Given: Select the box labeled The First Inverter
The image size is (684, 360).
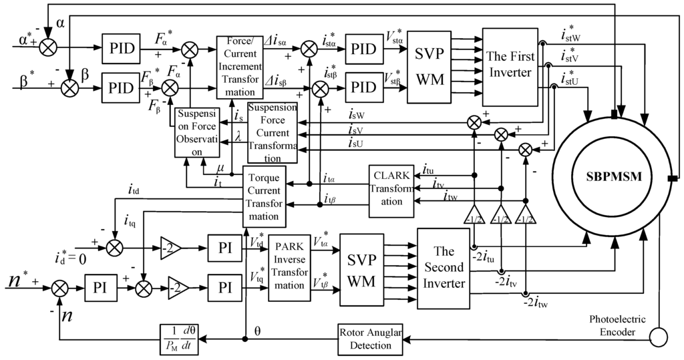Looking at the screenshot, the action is point(510,67).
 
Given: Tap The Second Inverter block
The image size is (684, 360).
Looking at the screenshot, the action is point(444,268).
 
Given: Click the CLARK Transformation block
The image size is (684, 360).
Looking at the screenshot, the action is point(391,191).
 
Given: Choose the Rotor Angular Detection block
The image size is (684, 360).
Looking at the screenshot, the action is point(370,339).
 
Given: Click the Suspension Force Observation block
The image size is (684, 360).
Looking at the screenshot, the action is point(197,132).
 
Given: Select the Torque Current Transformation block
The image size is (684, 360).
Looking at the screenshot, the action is point(264,196).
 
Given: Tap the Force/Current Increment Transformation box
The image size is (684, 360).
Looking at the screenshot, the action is point(240,67).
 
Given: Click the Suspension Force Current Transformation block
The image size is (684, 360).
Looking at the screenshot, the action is point(273,133).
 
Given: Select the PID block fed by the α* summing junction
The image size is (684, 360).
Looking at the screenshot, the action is point(122,47).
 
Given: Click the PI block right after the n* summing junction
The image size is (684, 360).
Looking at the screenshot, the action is point(100,288).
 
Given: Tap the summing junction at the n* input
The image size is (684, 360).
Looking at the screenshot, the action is point(59,288).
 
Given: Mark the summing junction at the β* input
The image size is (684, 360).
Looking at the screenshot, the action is point(69,87).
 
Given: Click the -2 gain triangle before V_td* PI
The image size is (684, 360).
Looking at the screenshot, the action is point(170,248).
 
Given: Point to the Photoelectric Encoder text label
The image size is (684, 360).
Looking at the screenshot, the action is point(617,325).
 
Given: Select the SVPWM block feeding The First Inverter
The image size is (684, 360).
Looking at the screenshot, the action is point(430,67).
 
